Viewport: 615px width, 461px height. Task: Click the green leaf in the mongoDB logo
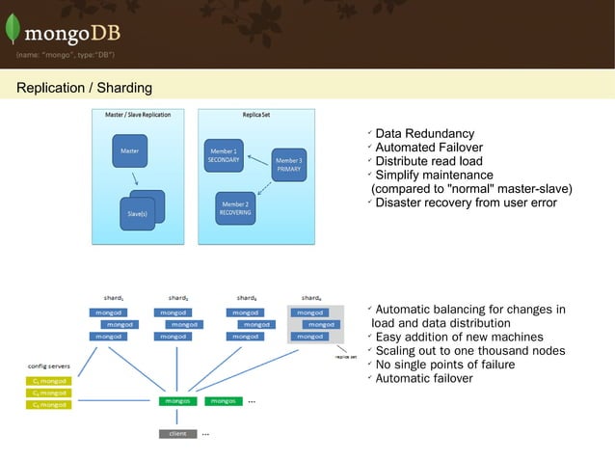point(13,28)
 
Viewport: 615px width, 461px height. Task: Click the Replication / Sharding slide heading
point(84,88)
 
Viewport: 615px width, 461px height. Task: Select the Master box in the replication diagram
point(129,152)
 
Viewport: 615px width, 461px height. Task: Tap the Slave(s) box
point(138,208)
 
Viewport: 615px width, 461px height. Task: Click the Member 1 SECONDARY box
point(222,155)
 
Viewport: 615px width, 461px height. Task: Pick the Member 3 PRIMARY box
point(289,164)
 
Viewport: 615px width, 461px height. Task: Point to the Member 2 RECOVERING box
point(235,208)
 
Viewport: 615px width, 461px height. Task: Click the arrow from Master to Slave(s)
point(135,179)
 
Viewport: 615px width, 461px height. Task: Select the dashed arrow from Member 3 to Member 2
point(273,189)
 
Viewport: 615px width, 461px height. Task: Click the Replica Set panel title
point(256,115)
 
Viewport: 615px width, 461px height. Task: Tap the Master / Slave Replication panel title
point(138,115)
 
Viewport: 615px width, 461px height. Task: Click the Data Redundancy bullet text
point(424,133)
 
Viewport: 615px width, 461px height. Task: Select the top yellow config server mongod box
point(47,381)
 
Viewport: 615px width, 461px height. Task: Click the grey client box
point(177,433)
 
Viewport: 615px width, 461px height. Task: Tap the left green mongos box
point(177,400)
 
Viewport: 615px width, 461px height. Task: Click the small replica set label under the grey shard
point(346,356)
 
